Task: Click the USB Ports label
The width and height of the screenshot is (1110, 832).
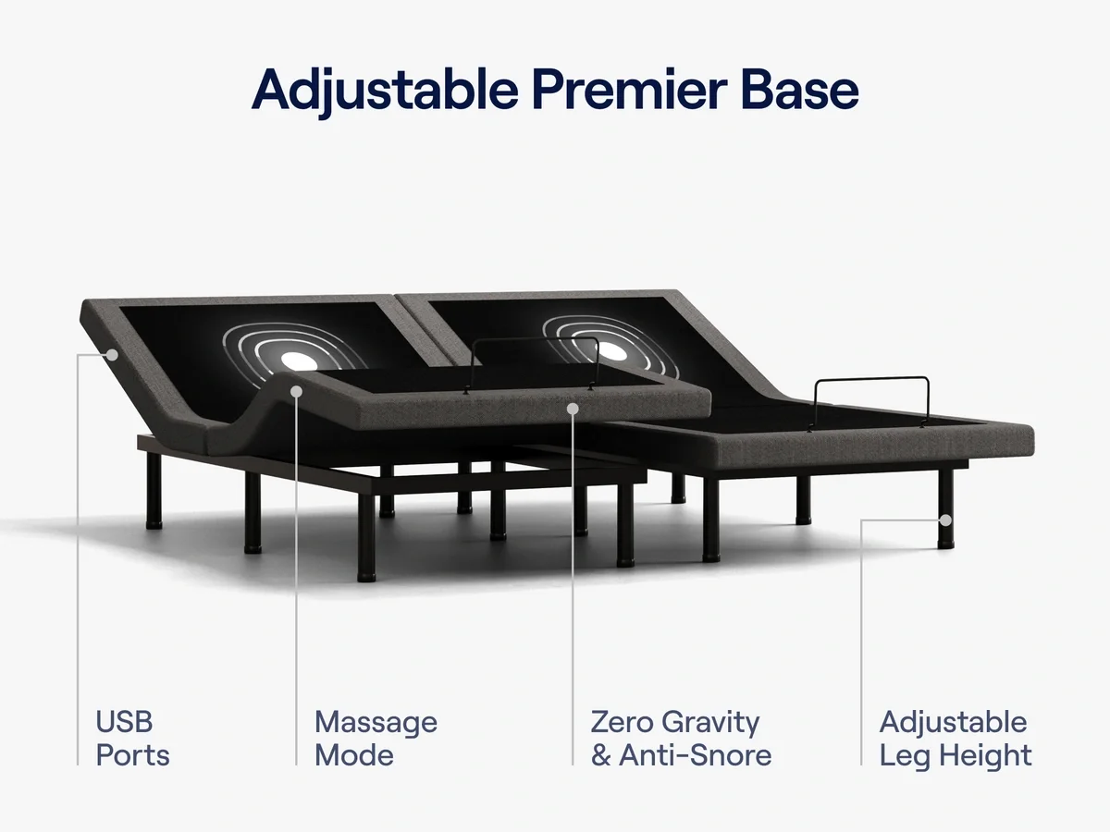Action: [133, 738]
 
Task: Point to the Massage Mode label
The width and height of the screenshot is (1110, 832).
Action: [376, 738]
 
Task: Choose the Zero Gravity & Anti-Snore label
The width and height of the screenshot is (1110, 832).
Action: [681, 738]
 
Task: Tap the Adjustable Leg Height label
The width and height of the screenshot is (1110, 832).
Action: [955, 738]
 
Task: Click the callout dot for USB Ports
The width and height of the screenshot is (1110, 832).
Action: [110, 353]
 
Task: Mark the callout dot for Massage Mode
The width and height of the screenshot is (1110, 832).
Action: [296, 391]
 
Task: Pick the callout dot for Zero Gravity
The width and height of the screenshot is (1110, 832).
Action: [573, 407]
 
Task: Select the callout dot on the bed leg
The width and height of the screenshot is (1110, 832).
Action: [944, 520]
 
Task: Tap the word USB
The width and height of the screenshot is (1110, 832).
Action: [124, 721]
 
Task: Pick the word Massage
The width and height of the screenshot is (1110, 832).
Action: [376, 721]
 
